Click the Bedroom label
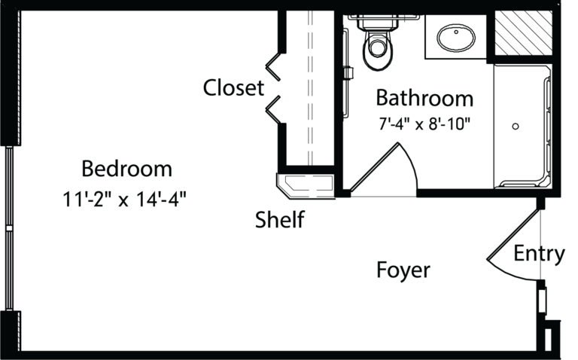(126, 169)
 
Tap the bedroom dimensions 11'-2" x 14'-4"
(125, 200)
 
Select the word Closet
(233, 88)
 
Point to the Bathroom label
(424, 98)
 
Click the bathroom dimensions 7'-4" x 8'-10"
(424, 124)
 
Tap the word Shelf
(280, 219)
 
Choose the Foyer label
(403, 270)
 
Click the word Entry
(539, 254)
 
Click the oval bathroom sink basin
(456, 38)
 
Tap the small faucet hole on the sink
(456, 32)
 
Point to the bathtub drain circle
(516, 127)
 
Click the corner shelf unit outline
(306, 186)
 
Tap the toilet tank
(378, 23)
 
